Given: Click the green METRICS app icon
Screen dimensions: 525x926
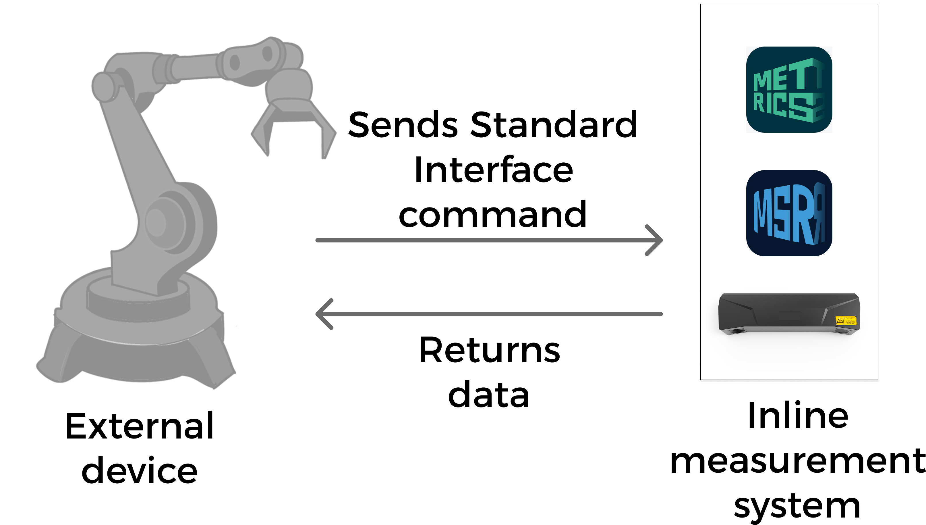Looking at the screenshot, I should click(x=789, y=89).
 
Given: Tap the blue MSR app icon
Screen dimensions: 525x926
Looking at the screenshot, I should click(x=789, y=213).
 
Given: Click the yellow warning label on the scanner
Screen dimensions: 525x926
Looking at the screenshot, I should click(x=846, y=320).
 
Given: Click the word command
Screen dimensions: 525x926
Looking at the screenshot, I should click(x=492, y=215).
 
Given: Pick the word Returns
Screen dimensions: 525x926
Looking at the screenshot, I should click(x=489, y=351).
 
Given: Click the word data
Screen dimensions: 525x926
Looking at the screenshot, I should click(x=489, y=396).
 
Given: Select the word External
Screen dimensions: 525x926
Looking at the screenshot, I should click(x=140, y=426).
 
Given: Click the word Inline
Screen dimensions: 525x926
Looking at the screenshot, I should click(x=798, y=416).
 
